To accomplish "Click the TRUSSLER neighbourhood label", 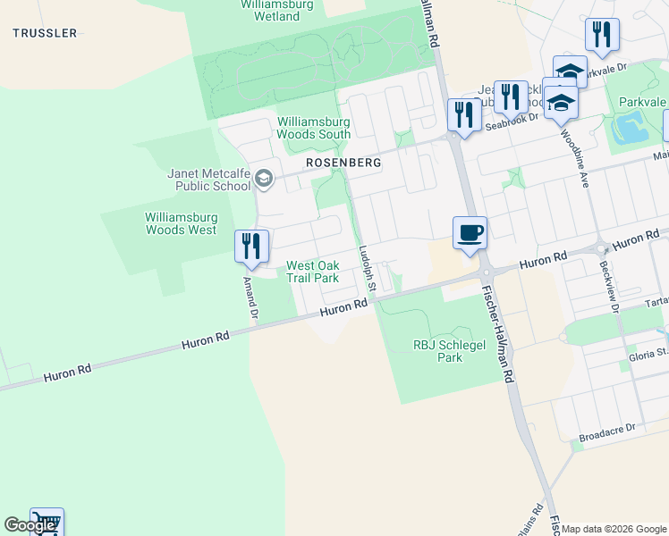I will pyautogui.click(x=45, y=33).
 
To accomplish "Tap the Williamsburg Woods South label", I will pyautogui.click(x=313, y=128).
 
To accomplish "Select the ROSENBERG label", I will pyautogui.click(x=343, y=163).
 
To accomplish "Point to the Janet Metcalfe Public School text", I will pyautogui.click(x=209, y=180).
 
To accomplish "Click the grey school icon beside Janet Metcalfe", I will pyautogui.click(x=263, y=180).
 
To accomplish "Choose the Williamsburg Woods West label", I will pyautogui.click(x=181, y=223).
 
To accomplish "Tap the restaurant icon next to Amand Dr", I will pyautogui.click(x=251, y=246).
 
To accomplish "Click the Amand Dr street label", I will pyautogui.click(x=251, y=297).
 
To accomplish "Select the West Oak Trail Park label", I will pyautogui.click(x=312, y=272).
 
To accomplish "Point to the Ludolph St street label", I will pyautogui.click(x=368, y=272).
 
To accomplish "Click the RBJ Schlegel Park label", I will pyautogui.click(x=438, y=350).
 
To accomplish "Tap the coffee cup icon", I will pyautogui.click(x=470, y=233).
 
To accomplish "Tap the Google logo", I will pyautogui.click(x=30, y=525).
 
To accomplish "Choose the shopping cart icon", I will pyautogui.click(x=47, y=523).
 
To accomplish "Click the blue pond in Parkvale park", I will pyautogui.click(x=632, y=130).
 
